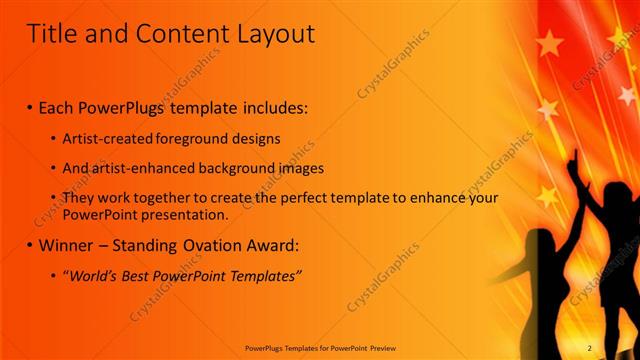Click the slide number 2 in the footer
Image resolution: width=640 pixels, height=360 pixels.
(x=589, y=348)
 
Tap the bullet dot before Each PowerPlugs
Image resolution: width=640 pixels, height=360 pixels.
(x=30, y=105)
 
